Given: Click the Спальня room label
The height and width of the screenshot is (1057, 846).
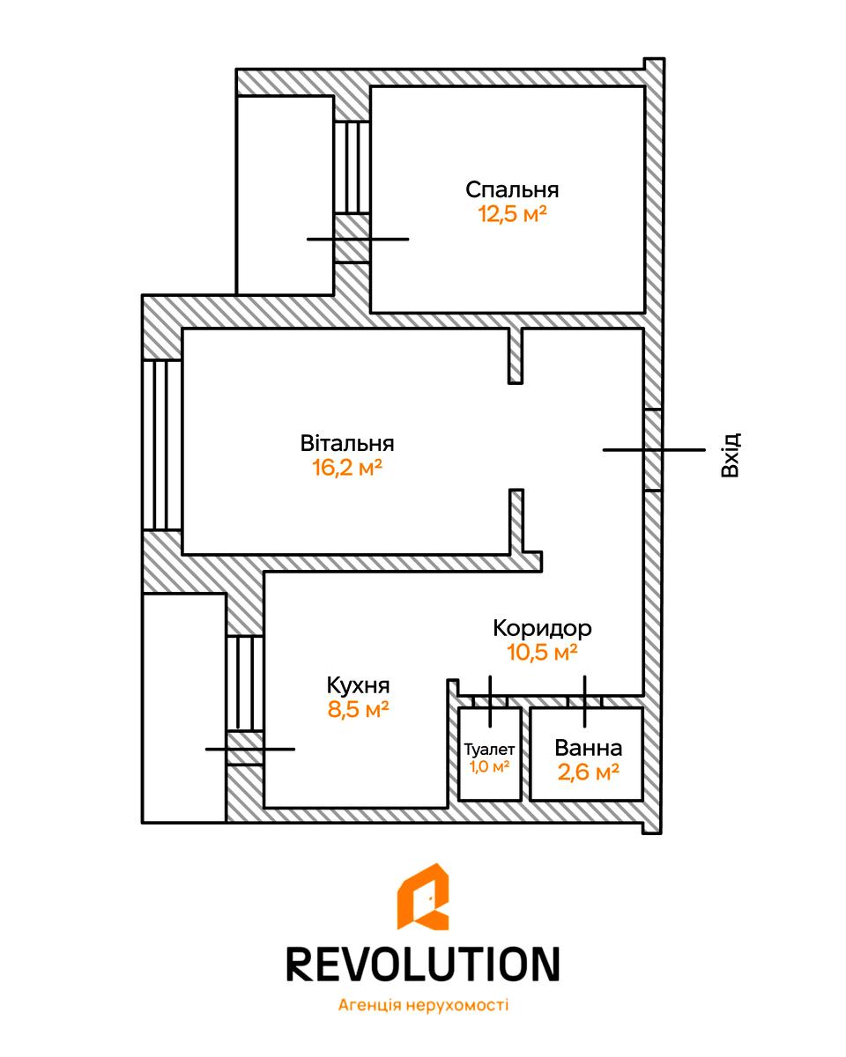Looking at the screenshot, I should tap(512, 189).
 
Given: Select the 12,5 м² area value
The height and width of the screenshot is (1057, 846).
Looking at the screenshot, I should tap(512, 214).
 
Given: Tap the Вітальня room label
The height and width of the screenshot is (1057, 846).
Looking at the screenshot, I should tap(346, 442).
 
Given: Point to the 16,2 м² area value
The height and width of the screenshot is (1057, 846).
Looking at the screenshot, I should tap(346, 467).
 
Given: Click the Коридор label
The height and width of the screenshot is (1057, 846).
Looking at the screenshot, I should tap(542, 628).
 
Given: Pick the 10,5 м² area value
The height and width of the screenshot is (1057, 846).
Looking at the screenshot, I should tap(542, 653).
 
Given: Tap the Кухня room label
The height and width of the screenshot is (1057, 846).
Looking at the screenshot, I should tap(358, 685).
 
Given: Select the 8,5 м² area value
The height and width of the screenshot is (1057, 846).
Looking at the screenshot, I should tap(359, 710).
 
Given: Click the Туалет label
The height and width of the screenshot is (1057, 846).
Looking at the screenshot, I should tap(490, 749).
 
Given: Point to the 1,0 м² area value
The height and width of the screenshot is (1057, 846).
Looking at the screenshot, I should tap(490, 766).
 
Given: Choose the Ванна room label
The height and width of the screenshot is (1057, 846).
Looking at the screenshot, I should tap(588, 748).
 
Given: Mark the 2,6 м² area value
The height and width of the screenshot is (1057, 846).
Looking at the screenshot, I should tap(588, 772).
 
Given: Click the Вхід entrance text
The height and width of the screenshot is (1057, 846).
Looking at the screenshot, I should tap(730, 455).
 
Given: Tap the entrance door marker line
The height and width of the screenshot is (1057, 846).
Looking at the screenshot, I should tap(654, 450).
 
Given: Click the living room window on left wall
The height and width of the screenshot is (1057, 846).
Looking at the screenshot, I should tap(161, 445).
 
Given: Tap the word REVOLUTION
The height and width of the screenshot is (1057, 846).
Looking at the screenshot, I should tap(423, 965).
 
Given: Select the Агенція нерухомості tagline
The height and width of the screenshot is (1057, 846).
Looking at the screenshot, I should tap(423, 1005).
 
